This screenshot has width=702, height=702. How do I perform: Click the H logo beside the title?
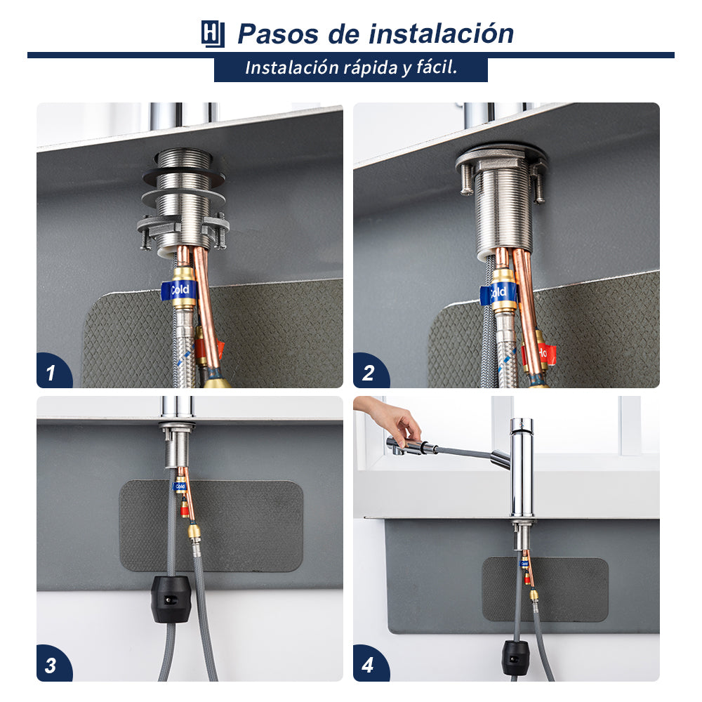click(212, 34)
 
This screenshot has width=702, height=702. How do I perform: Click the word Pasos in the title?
click(277, 34)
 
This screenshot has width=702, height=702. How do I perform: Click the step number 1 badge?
click(53, 371)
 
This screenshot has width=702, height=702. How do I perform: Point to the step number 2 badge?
click(370, 371)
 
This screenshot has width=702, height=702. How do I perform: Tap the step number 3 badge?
click(53, 664)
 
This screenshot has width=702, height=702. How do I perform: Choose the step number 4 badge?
click(370, 664)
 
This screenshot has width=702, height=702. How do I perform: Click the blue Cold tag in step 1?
click(178, 290)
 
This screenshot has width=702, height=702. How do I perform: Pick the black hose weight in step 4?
click(515, 657)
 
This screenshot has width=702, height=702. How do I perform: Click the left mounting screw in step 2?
click(466, 179)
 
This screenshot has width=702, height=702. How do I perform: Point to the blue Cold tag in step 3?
click(180, 486)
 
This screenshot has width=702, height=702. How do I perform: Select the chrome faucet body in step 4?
click(522, 468)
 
